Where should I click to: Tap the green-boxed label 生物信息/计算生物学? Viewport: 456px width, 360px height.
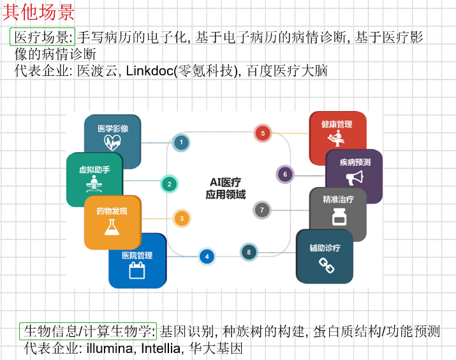(x=88, y=331)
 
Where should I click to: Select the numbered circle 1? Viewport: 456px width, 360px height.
(x=182, y=142)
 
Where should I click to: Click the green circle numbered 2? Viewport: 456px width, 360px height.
(x=169, y=184)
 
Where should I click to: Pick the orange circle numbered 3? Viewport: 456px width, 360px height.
(x=181, y=219)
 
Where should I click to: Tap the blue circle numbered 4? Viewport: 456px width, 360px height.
(x=207, y=257)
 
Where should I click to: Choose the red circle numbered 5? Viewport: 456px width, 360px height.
(x=262, y=133)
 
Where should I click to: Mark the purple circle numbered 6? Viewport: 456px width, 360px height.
(x=285, y=173)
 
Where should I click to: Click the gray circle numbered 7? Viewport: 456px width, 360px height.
(x=261, y=209)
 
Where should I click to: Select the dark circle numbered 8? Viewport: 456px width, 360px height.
(x=249, y=252)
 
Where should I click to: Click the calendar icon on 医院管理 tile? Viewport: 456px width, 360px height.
(x=137, y=270)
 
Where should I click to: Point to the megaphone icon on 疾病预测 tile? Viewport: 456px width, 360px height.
(x=355, y=177)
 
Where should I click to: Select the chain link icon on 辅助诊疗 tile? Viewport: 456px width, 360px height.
(x=327, y=264)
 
